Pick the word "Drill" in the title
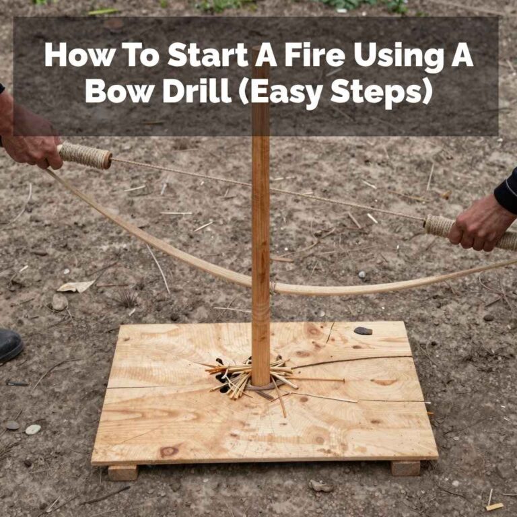195,92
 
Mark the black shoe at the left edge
9,345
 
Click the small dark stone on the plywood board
364,331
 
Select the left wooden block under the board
123,472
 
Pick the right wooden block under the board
405,468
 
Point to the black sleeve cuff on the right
506,192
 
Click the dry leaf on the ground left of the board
75,286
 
